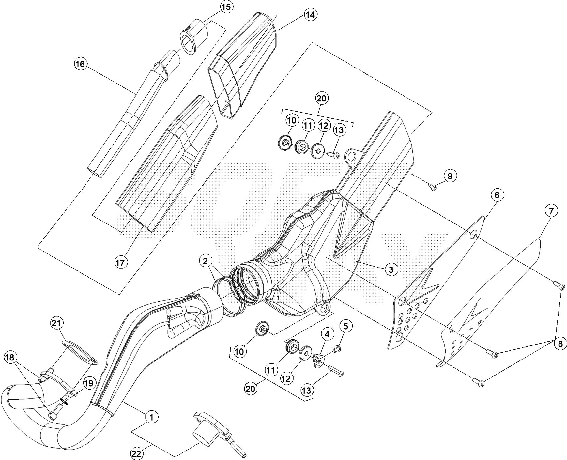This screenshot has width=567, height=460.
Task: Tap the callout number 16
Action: pos(80,64)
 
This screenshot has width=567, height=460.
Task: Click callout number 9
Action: pos(450,176)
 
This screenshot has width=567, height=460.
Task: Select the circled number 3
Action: pos(391,269)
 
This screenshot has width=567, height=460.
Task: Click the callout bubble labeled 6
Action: pos(497,195)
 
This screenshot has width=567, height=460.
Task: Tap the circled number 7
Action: pos(551,211)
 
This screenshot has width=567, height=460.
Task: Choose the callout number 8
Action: pos(560,344)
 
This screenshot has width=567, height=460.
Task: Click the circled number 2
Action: pos(205,261)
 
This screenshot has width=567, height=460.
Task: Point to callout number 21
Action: pos(57,323)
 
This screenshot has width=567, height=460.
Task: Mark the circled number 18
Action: pos(10,358)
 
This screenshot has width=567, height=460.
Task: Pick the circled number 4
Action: pos(327,334)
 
